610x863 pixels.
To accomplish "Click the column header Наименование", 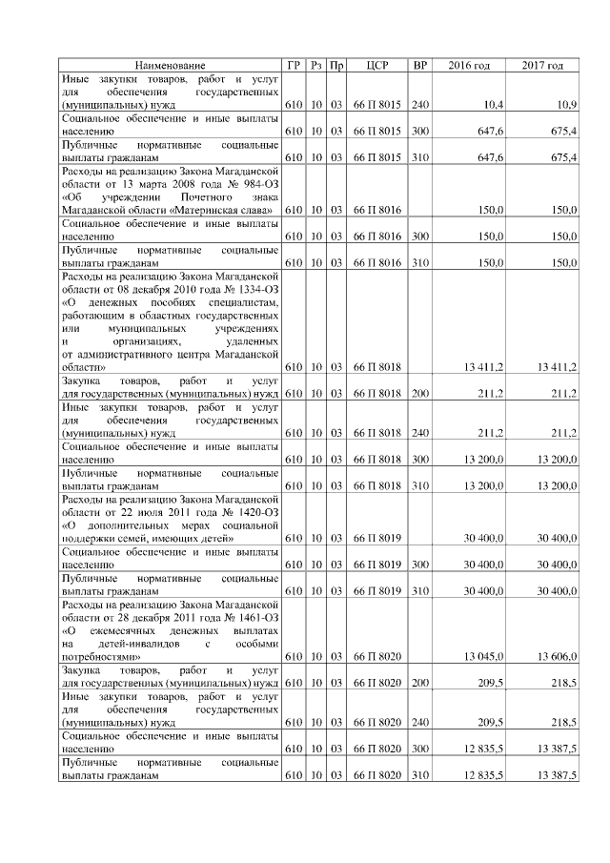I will pyautogui.click(x=169, y=65).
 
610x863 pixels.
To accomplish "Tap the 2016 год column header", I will pyautogui.click(x=469, y=65).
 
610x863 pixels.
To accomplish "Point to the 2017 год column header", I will pyautogui.click(x=542, y=65).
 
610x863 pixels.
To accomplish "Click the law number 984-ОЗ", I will pyautogui.click(x=254, y=182).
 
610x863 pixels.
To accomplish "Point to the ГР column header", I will pyautogui.click(x=295, y=65).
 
